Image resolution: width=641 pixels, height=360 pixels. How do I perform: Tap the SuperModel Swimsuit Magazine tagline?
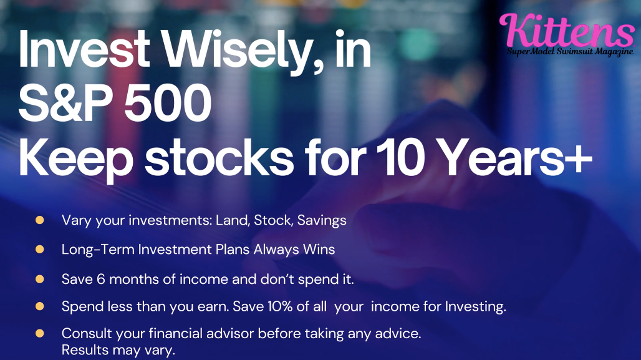570,52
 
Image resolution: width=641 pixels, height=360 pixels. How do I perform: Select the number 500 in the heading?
168,102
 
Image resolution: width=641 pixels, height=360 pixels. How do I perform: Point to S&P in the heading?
66,102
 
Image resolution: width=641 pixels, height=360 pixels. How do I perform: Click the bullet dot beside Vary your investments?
40,220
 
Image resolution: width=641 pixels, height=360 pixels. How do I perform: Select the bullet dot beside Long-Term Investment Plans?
40,249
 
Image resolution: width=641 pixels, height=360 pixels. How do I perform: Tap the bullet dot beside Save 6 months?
40,279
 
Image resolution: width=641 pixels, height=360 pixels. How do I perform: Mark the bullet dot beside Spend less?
40,306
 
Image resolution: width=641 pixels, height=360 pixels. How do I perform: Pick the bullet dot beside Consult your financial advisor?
40,333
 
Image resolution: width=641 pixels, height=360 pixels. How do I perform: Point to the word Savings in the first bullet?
322,221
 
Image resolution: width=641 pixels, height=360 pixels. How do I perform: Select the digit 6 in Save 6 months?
100,279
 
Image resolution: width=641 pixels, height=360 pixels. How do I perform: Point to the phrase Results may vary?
118,350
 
